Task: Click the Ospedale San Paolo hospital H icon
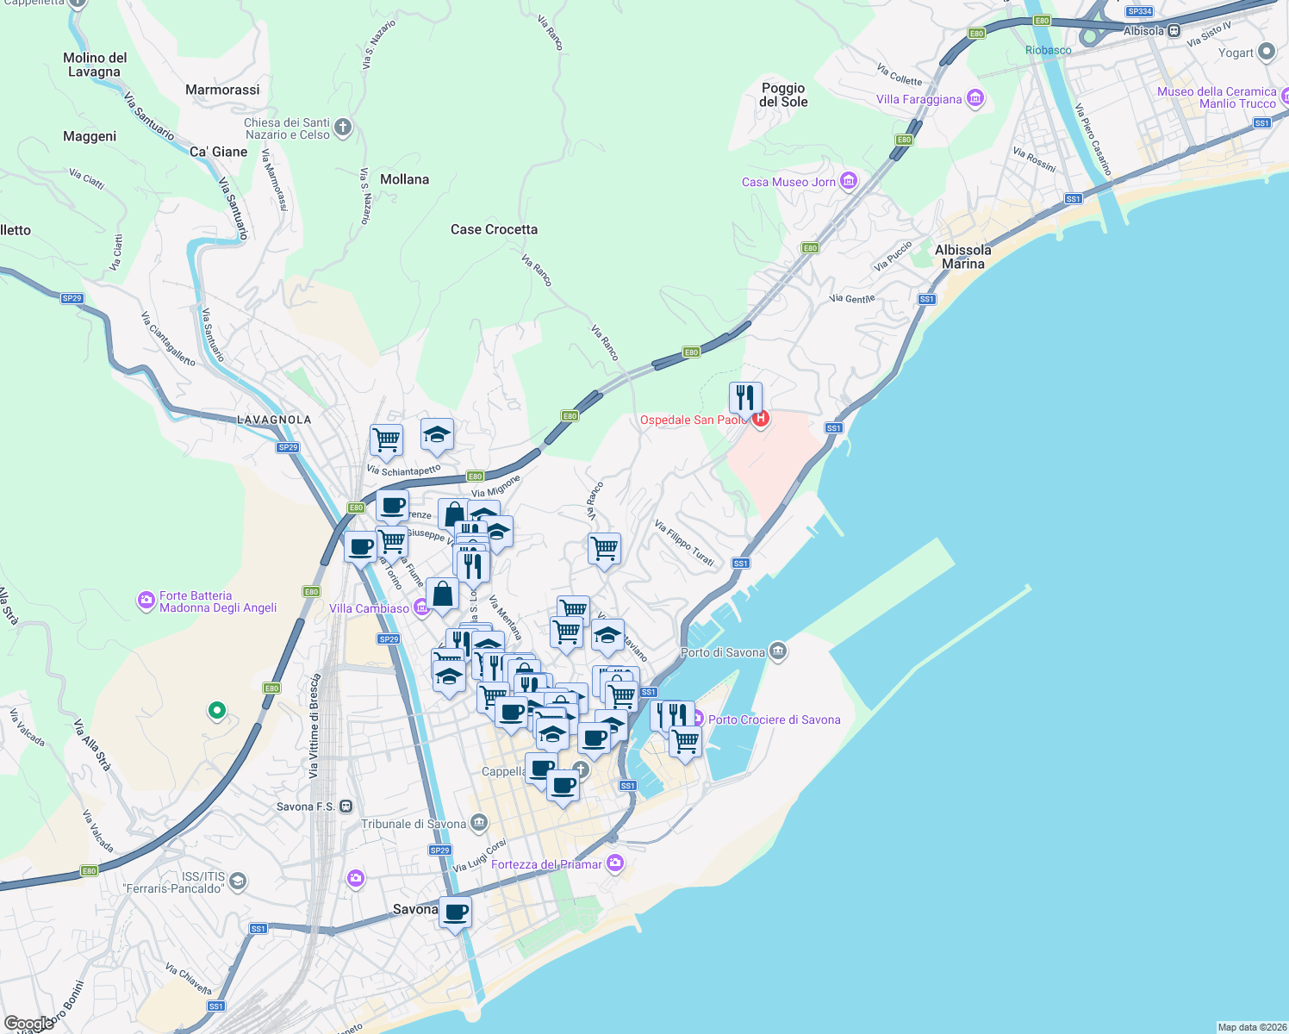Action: coord(760,419)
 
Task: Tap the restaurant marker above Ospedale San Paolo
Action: coord(745,398)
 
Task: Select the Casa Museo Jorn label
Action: coord(788,182)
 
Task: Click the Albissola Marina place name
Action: coord(962,257)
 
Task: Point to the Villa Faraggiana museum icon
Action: coord(975,99)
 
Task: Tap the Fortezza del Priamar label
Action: coord(546,864)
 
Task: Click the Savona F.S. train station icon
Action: coord(346,807)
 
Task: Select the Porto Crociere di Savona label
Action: coord(774,719)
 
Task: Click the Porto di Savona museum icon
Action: coord(778,651)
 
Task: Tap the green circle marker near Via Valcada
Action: coord(217,711)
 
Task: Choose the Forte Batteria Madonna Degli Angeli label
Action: coord(218,601)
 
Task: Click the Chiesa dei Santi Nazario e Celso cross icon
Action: coord(343,128)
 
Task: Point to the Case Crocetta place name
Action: coord(494,229)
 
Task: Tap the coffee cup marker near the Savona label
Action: coord(456,912)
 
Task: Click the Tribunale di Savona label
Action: coord(414,824)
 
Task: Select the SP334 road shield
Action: coord(1139,11)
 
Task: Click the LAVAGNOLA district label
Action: coord(274,420)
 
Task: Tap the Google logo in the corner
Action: coord(28,1024)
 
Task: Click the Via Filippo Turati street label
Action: coord(684,543)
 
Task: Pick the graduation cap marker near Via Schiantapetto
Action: coord(437,436)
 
